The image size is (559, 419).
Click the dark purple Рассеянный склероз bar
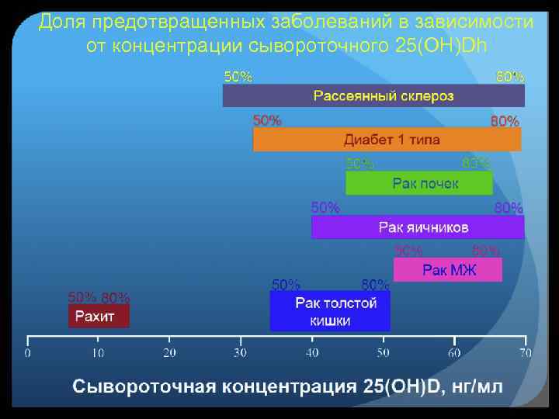[373, 95]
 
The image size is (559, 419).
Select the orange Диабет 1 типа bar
[387, 140]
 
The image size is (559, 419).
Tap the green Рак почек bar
[418, 183]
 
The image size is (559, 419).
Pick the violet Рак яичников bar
[418, 227]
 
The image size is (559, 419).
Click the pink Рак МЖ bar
[448, 270]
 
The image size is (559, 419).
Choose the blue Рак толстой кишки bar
[330, 311]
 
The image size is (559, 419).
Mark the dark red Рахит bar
[97, 316]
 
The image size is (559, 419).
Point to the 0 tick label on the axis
[28, 354]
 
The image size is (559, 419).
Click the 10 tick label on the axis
[99, 354]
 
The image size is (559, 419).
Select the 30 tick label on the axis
[241, 354]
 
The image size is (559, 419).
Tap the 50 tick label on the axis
[383, 354]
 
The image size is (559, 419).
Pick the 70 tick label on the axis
[525, 354]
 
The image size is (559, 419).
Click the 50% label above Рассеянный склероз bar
[238, 77]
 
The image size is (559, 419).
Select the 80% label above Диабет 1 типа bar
[505, 121]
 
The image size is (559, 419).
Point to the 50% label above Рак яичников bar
[325, 208]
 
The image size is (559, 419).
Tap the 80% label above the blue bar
[376, 283]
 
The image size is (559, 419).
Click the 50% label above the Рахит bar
[82, 297]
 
